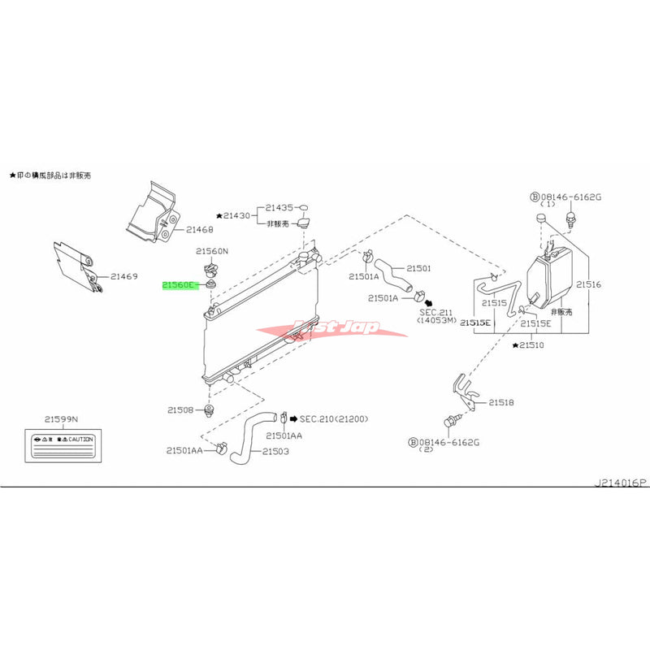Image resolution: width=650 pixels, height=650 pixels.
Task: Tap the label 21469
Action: [124, 277]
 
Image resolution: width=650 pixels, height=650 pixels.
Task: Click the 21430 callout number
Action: [239, 215]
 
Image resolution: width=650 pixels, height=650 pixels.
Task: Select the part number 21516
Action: [588, 284]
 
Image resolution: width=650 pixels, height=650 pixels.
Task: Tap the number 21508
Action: [180, 409]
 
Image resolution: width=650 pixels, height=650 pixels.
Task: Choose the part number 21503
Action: [276, 451]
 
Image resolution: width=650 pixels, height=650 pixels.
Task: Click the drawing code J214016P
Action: [620, 483]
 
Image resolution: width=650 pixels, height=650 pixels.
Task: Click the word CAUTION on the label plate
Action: [80, 439]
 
